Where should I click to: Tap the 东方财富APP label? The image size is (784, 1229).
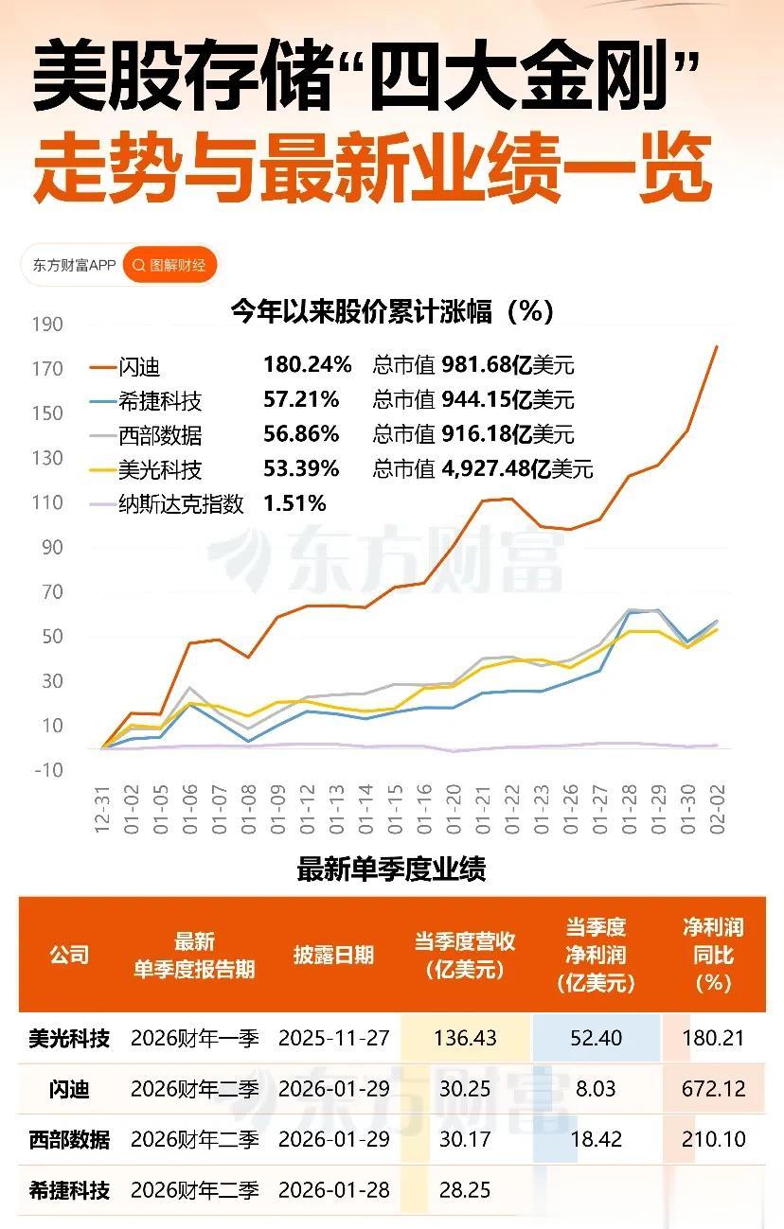(74, 265)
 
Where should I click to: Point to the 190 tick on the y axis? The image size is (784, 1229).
(47, 325)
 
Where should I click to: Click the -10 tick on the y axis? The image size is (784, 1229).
(47, 770)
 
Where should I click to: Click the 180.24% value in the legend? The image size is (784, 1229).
(307, 365)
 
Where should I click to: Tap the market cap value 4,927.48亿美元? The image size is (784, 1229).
(517, 468)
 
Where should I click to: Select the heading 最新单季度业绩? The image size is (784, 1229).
(391, 869)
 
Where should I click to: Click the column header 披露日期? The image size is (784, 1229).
(333, 955)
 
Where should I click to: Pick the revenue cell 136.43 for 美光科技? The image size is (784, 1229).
(465, 1038)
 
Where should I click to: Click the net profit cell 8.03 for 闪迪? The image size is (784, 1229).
(596, 1089)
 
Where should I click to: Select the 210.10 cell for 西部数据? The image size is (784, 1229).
(713, 1139)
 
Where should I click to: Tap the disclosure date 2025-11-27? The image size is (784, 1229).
(333, 1038)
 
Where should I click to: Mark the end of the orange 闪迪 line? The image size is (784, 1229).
(716, 347)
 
